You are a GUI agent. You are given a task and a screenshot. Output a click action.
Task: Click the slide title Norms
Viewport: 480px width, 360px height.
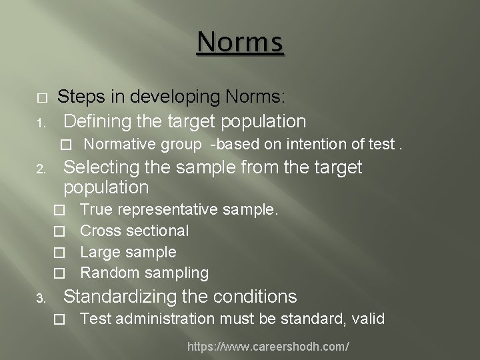[240, 43]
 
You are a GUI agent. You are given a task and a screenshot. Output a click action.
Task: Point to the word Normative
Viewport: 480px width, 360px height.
[115, 143]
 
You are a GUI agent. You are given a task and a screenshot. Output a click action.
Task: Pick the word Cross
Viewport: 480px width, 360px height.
[99, 231]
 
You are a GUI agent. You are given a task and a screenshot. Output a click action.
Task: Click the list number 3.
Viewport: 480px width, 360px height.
[40, 297]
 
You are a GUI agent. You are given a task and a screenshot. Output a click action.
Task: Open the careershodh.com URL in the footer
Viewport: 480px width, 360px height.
[269, 347]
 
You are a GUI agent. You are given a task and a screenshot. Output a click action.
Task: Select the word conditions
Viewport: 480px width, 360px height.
[255, 295]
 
